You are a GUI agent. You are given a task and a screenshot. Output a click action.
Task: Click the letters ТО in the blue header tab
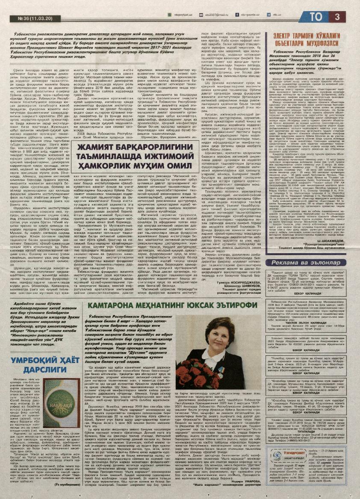316,17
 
